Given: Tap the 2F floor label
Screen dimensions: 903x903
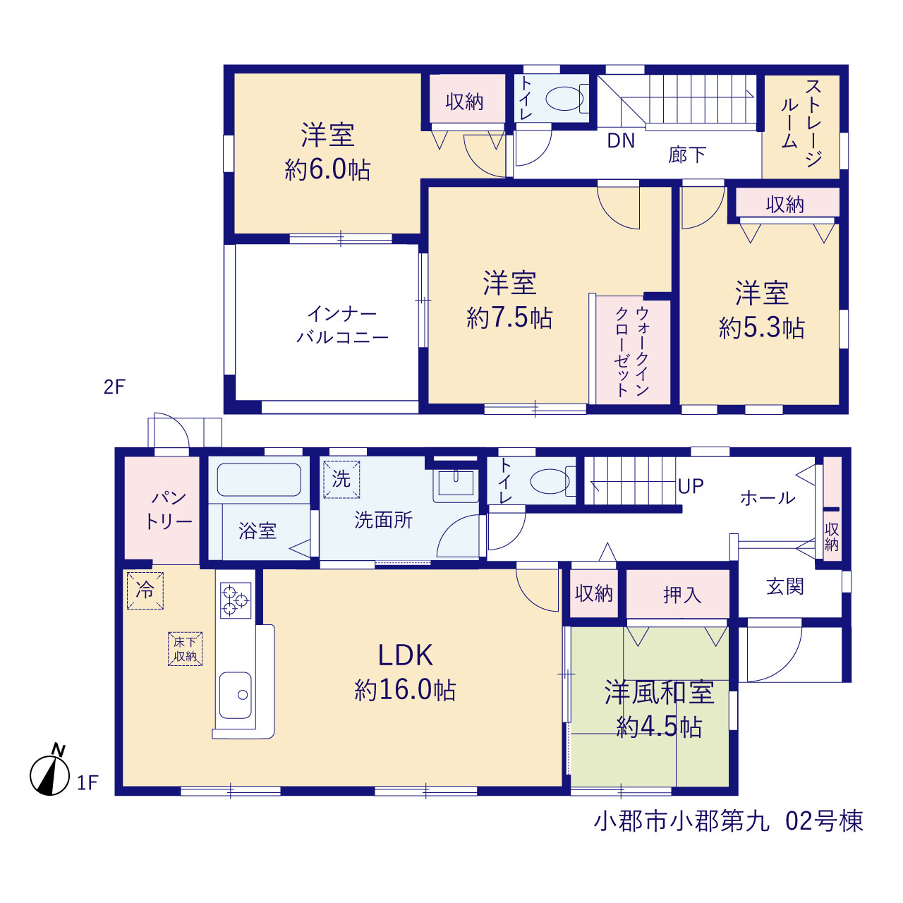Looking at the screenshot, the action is point(114,387).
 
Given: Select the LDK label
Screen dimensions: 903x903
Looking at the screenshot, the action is point(406,655).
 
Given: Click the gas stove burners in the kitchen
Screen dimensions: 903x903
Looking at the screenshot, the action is point(235,600).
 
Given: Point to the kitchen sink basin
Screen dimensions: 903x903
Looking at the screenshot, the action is point(235,695).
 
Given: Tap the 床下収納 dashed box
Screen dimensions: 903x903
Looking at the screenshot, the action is point(185,649).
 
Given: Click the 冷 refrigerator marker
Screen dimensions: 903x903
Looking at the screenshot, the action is point(145,590).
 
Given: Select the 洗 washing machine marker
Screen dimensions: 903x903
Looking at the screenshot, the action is point(341,480).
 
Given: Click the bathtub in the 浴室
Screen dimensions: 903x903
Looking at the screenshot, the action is point(259,480).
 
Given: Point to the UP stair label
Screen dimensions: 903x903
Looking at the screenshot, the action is point(691,486).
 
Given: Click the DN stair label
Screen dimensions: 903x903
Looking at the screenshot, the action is point(621,140).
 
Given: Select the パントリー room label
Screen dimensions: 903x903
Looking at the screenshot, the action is point(168,510).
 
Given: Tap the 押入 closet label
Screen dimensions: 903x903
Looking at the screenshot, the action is point(681,595).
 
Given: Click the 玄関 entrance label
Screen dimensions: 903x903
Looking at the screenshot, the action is point(785,586).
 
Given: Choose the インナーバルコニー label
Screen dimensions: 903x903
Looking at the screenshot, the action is point(343,325).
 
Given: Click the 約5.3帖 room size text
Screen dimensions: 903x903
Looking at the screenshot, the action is point(762,327).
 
